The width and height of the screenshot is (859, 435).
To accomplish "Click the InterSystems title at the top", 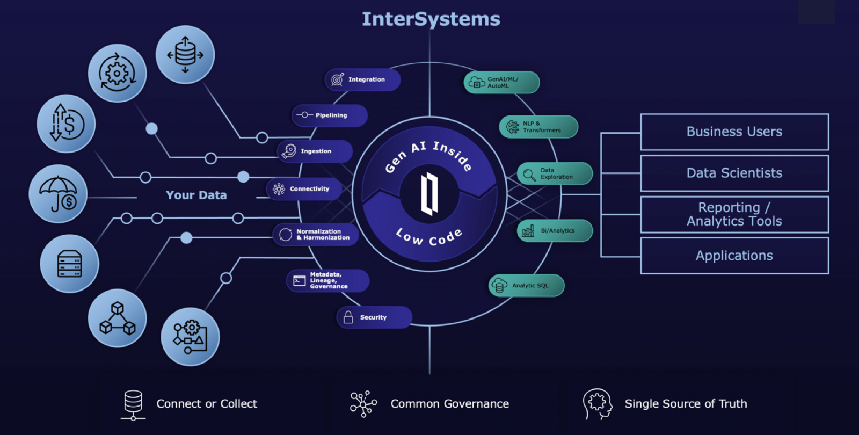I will (431, 19).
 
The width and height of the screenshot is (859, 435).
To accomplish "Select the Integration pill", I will (362, 79).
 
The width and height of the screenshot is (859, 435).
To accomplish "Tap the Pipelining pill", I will (330, 115).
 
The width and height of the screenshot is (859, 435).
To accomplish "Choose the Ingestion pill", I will (315, 151).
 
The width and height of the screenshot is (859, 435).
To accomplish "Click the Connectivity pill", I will (304, 189).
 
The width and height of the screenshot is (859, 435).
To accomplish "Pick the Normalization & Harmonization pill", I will (316, 235).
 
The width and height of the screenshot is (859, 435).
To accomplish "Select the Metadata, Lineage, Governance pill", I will (327, 280).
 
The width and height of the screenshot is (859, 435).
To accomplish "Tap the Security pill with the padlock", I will (374, 317).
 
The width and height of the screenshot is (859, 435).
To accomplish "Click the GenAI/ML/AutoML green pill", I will (501, 82).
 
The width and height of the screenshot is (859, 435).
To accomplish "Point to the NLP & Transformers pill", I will (538, 127).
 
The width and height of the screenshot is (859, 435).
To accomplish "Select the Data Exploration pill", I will (555, 173).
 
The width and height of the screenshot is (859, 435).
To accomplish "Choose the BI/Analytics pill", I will (555, 231).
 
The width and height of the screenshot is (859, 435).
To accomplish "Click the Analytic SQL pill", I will (526, 286).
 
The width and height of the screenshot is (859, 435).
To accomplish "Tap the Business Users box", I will (734, 132).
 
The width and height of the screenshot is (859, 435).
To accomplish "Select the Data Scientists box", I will (734, 173).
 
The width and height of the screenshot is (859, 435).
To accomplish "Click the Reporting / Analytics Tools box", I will (734, 214).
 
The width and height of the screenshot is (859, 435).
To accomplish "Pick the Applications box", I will (734, 256).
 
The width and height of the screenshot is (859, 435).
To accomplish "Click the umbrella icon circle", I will (57, 194).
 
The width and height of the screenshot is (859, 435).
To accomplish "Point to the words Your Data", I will (196, 195).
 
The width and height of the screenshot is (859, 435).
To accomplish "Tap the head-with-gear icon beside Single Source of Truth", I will (597, 403).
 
